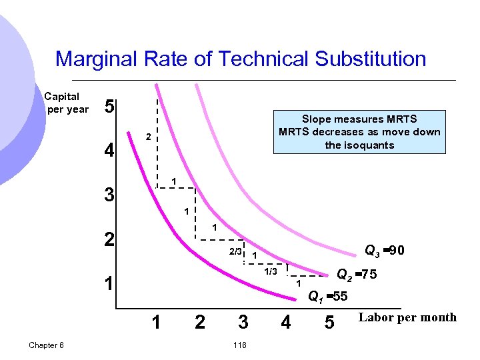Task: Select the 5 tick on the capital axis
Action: (x=109, y=107)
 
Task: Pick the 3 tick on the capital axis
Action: (x=109, y=196)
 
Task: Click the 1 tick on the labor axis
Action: (x=155, y=323)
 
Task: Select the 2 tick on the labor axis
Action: (x=199, y=323)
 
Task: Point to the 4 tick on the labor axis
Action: (x=285, y=323)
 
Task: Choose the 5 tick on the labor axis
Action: (x=329, y=323)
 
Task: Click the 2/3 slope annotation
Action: (x=235, y=252)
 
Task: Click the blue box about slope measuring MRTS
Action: (x=359, y=132)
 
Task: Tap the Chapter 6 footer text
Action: (x=47, y=345)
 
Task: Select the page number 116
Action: (x=241, y=345)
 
